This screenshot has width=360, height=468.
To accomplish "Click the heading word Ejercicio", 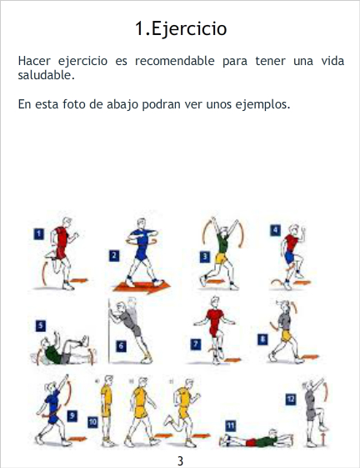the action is click(x=189, y=29).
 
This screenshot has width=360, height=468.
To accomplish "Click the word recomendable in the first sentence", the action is click(x=174, y=61).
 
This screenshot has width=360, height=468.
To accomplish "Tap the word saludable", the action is click(x=46, y=75).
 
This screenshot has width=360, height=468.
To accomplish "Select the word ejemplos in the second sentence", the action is click(x=262, y=104).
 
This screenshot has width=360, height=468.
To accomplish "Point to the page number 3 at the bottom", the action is click(x=180, y=460).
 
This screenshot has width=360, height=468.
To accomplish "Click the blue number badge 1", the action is click(x=39, y=234).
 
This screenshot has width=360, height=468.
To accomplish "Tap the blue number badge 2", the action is click(x=114, y=256).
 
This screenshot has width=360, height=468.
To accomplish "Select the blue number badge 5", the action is click(x=41, y=325).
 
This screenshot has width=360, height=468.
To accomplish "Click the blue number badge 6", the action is click(x=121, y=346).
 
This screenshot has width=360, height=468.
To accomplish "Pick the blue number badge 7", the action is click(x=195, y=345).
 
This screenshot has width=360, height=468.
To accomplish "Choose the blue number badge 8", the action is click(x=262, y=340).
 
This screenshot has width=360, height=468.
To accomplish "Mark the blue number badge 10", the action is click(x=92, y=422).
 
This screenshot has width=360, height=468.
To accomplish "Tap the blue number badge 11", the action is click(x=230, y=426).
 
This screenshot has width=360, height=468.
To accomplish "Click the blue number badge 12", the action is click(x=291, y=400).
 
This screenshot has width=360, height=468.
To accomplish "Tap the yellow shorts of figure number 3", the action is click(x=221, y=258).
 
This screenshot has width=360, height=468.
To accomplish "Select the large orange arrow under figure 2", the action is click(x=142, y=286).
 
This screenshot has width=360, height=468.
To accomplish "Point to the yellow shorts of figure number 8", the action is click(x=287, y=336).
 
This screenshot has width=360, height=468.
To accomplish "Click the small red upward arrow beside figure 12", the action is click(x=324, y=440).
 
